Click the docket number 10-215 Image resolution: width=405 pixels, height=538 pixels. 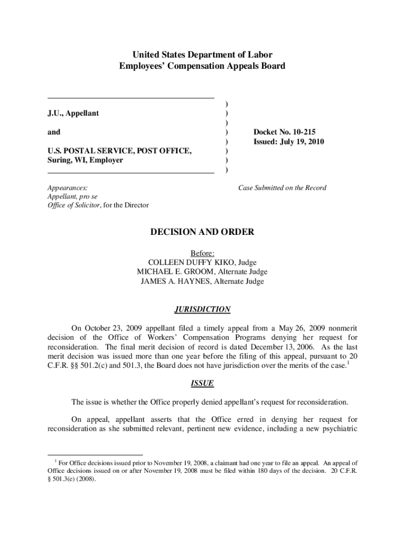pyautogui.click(x=306, y=132)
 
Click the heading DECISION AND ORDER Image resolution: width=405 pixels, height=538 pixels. pyautogui.click(x=202, y=232)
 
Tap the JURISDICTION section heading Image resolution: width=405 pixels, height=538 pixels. pyautogui.click(x=202, y=309)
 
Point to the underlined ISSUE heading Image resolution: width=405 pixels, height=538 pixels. pyautogui.click(x=202, y=383)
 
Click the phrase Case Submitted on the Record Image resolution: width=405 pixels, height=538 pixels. pyautogui.click(x=282, y=188)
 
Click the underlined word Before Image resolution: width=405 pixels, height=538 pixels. pyautogui.click(x=202, y=253)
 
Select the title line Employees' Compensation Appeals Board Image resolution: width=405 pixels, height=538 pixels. pyautogui.click(x=202, y=66)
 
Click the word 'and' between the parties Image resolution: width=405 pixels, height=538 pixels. pyautogui.click(x=54, y=132)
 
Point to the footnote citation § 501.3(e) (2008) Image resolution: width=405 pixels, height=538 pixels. pyautogui.click(x=72, y=479)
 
